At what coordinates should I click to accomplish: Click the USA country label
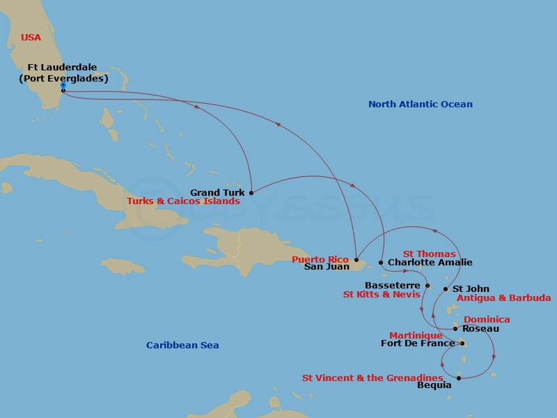click(31, 38)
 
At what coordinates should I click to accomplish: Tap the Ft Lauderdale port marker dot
click(63, 91)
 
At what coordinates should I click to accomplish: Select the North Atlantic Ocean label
click(420, 104)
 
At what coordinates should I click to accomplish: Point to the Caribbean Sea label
click(182, 346)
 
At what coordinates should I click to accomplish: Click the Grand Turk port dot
click(251, 193)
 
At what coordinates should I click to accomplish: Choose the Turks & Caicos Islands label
click(183, 201)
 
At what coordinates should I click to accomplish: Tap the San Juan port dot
click(356, 259)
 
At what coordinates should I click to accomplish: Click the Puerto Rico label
click(320, 259)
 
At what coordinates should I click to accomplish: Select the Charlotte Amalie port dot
click(381, 263)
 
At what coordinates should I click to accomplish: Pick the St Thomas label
click(429, 254)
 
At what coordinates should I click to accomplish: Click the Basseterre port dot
click(427, 286)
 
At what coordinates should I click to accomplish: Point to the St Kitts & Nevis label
click(382, 295)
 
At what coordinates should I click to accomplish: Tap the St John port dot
click(446, 288)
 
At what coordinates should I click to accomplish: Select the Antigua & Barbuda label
click(503, 298)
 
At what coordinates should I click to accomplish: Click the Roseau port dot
click(455, 329)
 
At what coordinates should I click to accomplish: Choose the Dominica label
click(487, 320)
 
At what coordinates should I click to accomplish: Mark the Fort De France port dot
click(462, 343)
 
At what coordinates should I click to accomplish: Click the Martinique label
click(416, 335)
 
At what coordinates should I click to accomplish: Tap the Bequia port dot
click(459, 378)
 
